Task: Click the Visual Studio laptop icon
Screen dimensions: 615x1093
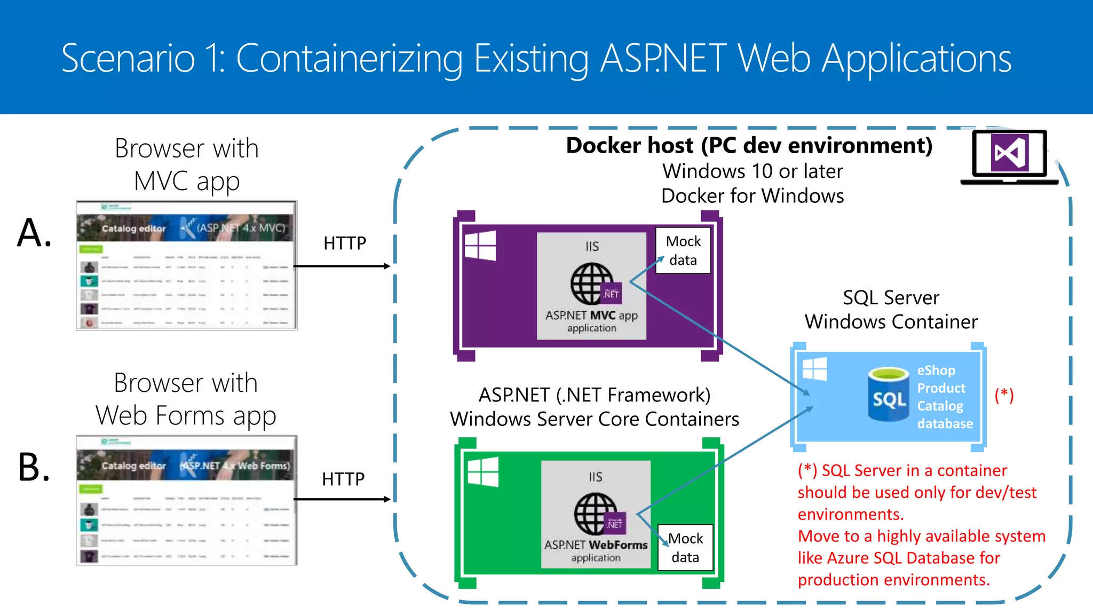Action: [x=1009, y=156]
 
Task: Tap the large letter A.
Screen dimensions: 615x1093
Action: [x=34, y=233]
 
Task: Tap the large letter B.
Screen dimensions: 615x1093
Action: [x=34, y=467]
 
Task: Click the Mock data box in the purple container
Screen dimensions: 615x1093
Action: [x=683, y=250]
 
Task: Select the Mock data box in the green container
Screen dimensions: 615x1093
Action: [x=685, y=548]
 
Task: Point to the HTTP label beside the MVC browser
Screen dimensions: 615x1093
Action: [x=345, y=243]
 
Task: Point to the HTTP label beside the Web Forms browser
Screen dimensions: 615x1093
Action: [x=343, y=479]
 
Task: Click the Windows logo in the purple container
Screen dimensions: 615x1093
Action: [x=480, y=246]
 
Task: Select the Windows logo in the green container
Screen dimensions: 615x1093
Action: [x=483, y=472]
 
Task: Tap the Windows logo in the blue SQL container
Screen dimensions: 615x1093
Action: [x=814, y=369]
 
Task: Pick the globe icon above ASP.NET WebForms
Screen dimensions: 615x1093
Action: [x=596, y=514]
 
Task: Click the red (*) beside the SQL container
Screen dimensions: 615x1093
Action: [x=1004, y=395]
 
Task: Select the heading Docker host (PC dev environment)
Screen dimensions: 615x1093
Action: [x=749, y=146]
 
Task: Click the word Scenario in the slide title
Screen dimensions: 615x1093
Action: [x=128, y=58]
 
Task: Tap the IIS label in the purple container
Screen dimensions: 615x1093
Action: [x=592, y=247]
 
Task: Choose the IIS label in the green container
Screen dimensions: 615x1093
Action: [x=595, y=477]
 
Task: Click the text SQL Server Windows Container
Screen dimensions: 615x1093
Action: [x=891, y=310]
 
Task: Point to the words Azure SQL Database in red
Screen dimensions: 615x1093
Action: [x=913, y=558]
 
